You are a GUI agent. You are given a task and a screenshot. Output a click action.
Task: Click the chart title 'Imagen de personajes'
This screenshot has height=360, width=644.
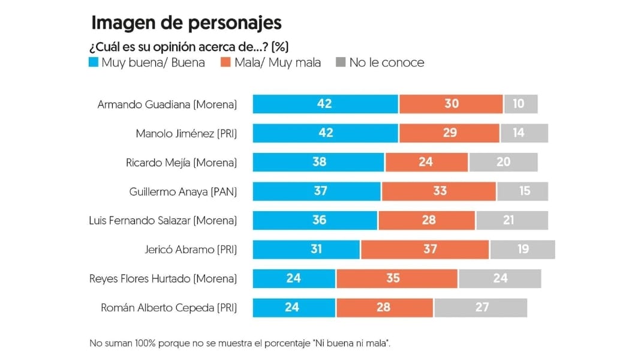[x=186, y=23]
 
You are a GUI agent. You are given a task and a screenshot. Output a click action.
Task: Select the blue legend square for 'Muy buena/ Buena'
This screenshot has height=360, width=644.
[x=94, y=62]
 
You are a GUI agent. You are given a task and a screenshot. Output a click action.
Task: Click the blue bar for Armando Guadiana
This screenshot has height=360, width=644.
[x=325, y=104]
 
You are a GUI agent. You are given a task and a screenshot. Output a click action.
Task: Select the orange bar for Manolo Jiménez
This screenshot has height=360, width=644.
[x=449, y=133]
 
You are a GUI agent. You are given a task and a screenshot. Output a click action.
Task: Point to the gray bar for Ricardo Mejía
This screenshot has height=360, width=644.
[x=503, y=162]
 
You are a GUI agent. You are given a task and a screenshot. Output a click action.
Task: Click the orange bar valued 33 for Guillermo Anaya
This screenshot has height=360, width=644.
[x=438, y=191]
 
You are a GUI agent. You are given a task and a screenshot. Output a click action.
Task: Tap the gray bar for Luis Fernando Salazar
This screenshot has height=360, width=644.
[x=511, y=220]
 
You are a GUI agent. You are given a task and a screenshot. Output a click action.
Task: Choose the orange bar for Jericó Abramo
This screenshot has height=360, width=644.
[x=425, y=249]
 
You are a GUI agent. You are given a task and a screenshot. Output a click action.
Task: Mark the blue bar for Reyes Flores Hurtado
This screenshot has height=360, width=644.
[x=294, y=278]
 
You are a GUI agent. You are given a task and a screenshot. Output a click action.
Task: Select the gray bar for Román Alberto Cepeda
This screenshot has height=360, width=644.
[x=480, y=307]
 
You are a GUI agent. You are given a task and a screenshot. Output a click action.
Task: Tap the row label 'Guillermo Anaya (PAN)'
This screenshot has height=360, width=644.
[x=183, y=191]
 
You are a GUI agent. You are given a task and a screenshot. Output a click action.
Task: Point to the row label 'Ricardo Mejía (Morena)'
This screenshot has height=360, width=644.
[x=181, y=162]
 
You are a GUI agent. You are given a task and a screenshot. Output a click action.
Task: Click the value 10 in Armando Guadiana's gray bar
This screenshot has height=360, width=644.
[x=518, y=104]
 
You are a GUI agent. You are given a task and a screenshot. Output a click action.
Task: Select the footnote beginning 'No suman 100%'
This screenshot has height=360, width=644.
[x=240, y=344]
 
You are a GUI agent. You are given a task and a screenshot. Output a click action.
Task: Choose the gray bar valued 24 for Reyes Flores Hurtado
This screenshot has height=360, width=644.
[x=499, y=278]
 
